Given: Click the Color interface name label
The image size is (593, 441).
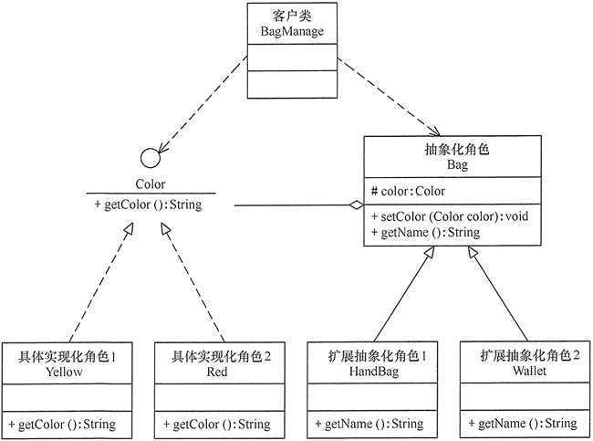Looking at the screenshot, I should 151,184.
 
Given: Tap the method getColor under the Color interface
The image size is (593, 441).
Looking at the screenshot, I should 148,205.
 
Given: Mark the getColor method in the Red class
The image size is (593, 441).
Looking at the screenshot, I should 217,425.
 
